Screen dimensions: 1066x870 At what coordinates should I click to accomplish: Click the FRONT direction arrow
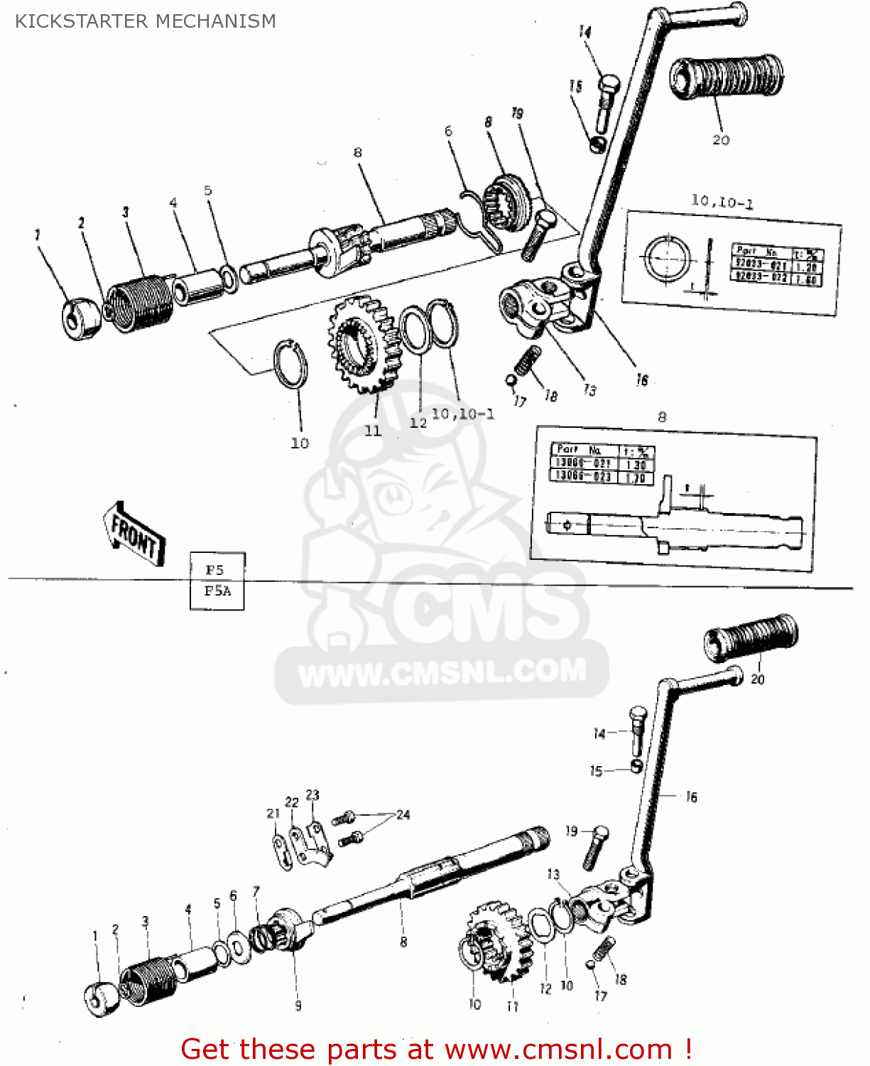(134, 535)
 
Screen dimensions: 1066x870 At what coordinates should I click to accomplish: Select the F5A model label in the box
(217, 591)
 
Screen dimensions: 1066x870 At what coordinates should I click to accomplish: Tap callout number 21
(273, 813)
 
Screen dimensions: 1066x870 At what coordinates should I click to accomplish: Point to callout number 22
(292, 802)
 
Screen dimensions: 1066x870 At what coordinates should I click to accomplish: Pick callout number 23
(312, 795)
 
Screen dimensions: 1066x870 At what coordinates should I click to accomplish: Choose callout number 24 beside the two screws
(403, 814)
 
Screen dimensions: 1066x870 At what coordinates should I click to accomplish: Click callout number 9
(298, 1005)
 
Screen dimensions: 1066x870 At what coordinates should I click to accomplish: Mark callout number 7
(256, 890)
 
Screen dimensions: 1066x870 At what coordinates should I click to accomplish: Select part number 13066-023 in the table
(583, 476)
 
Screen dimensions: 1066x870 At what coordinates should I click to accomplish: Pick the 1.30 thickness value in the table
(636, 465)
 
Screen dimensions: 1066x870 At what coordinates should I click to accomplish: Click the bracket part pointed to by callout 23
(315, 842)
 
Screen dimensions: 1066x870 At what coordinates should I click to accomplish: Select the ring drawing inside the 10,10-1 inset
(667, 257)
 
